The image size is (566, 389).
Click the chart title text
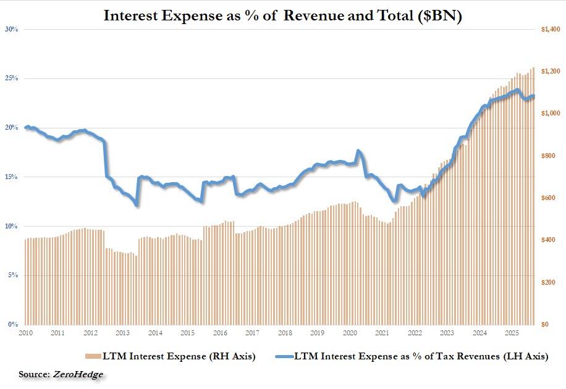283,15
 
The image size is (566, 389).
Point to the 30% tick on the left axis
11,29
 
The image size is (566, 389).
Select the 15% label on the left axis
11,177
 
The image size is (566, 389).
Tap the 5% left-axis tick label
12,275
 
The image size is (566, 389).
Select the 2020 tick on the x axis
350,333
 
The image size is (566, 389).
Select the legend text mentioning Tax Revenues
420,356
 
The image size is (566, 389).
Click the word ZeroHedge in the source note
78,375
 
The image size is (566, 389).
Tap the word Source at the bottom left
34,375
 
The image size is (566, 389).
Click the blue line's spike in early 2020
358,151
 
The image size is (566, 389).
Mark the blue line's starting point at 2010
26,127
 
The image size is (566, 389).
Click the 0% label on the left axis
12,324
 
